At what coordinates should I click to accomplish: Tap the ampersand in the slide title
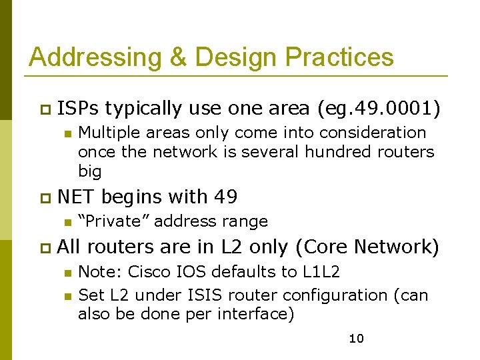179,57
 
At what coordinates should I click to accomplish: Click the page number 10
357,339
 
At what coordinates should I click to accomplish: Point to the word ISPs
78,108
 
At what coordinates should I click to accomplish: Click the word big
90,171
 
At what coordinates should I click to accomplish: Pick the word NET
77,197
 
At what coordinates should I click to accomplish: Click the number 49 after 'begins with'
225,197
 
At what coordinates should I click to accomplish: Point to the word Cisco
149,272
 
